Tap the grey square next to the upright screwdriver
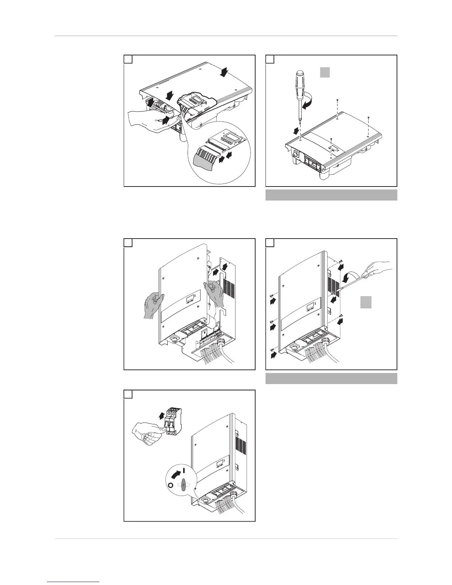[x=325, y=72]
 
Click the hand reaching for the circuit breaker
[x=147, y=434]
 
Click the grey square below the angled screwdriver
[x=366, y=302]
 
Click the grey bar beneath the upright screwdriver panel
[x=331, y=195]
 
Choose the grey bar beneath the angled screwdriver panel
[x=331, y=379]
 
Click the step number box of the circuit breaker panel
[x=128, y=394]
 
